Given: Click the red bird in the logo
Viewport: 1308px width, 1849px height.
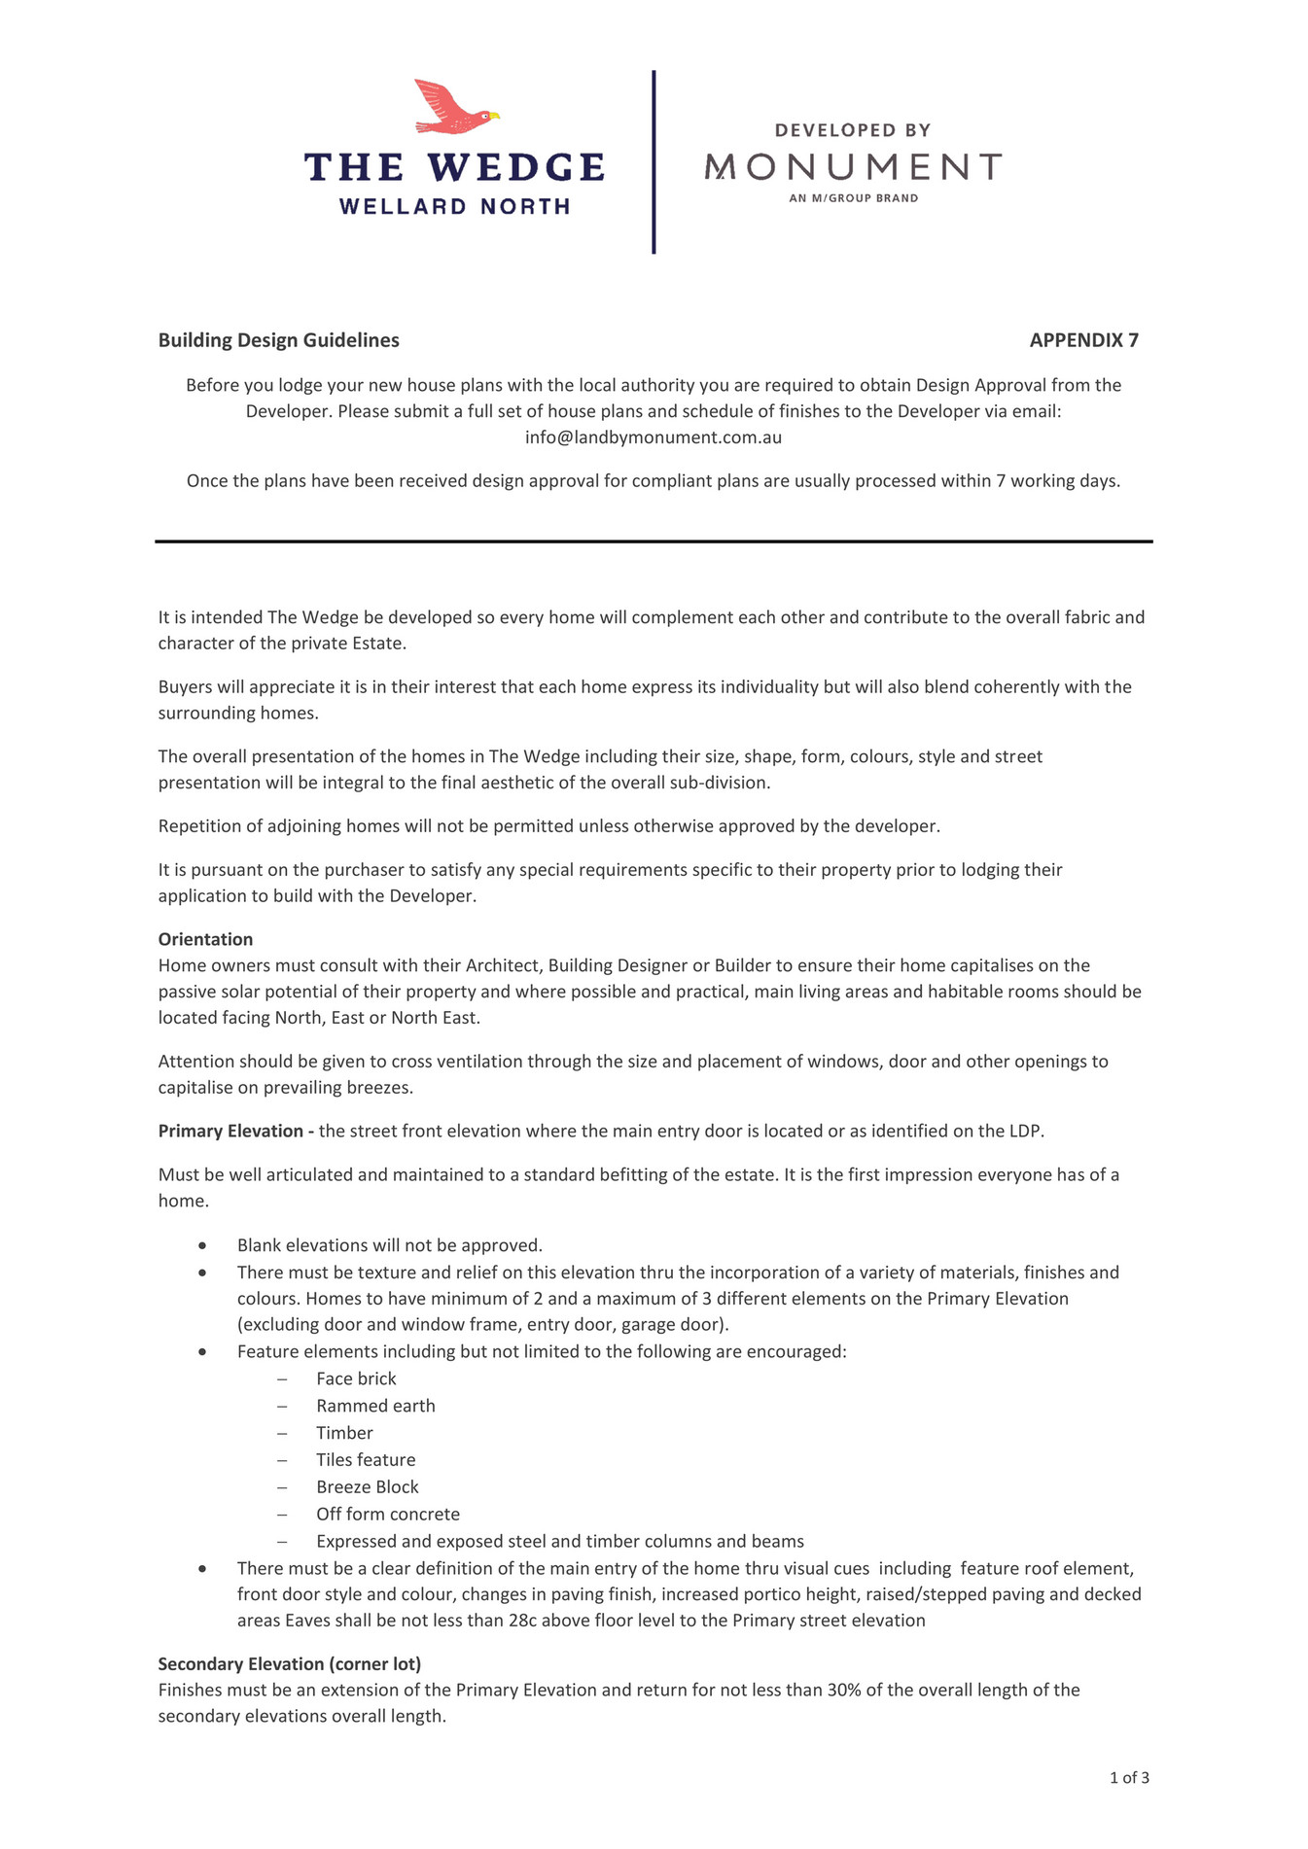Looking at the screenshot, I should (x=453, y=107).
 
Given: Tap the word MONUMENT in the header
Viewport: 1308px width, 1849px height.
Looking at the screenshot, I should (x=853, y=167).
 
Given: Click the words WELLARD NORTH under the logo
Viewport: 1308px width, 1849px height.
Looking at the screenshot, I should (x=454, y=206).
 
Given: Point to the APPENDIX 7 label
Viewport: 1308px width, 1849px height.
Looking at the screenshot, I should (x=1083, y=340).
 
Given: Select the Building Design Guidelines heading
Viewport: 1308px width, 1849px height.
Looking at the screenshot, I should (x=279, y=340).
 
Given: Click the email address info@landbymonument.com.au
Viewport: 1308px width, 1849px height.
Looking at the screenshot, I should (x=654, y=437).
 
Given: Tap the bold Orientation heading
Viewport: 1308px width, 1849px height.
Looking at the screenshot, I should (x=205, y=939).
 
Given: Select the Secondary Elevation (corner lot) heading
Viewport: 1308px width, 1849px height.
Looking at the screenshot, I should (x=290, y=1663).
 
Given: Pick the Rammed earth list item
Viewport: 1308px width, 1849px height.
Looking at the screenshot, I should (x=375, y=1406).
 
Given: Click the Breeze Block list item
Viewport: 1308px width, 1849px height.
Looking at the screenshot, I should (x=368, y=1486).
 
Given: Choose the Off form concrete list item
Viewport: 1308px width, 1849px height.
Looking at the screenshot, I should (x=388, y=1514).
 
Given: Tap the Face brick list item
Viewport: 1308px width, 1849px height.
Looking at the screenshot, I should (x=356, y=1378).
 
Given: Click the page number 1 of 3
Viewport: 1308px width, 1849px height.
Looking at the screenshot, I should (x=1129, y=1778).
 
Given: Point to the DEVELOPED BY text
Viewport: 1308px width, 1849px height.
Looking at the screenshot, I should (x=853, y=130).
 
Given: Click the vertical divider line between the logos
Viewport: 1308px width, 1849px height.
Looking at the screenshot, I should (x=654, y=161).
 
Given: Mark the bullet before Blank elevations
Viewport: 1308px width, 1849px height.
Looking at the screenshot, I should (x=202, y=1246).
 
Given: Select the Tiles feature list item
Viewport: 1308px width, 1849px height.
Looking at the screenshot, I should (x=366, y=1459).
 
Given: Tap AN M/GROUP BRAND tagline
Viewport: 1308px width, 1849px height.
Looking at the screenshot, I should (x=853, y=198).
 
